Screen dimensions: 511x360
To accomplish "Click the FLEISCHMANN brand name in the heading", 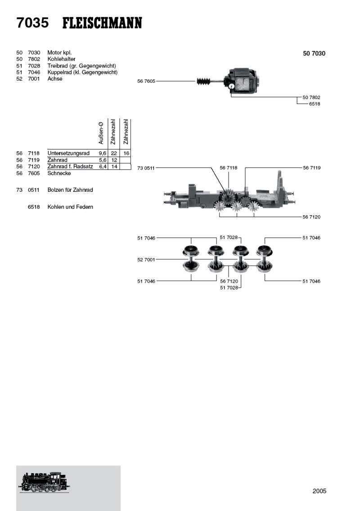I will coord(102,23).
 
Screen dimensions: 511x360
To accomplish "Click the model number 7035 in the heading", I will coord(32,23).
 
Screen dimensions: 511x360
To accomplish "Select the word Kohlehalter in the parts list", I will coord(61,59).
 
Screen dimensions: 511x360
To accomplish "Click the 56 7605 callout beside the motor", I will coord(146,81).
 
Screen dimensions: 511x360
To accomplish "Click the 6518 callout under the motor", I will coord(315,104).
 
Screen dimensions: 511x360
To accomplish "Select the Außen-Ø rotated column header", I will coord(102,133).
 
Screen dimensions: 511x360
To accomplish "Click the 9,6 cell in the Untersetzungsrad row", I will coord(102,154).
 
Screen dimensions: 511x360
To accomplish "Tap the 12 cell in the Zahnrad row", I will coord(114,160).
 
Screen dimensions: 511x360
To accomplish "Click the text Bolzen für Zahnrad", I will coord(70,190).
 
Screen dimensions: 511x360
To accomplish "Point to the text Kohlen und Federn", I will coord(70,207).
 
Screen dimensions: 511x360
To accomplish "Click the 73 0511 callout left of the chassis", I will coord(146,168).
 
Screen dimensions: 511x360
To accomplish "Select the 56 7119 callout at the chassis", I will coord(312,168).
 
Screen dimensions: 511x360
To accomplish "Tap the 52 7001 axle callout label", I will coord(146,259).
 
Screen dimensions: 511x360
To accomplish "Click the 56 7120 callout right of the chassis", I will coord(312,217).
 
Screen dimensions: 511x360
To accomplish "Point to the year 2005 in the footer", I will coord(319,491).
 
